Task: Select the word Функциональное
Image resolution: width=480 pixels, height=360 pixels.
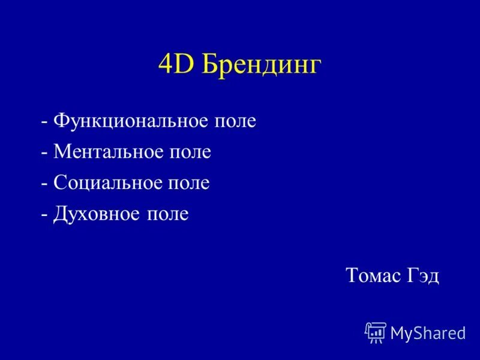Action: [x=132, y=121]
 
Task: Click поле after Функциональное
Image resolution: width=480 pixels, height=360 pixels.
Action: [x=235, y=121]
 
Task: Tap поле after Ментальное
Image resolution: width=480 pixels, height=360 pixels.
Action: [x=190, y=152]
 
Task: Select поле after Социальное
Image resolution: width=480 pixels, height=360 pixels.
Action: [x=188, y=182]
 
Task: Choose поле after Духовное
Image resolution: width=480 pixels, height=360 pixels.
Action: [x=167, y=214]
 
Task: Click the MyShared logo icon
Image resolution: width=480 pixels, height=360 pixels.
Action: [x=376, y=332]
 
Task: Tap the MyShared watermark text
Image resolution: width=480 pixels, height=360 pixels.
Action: [x=428, y=334]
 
